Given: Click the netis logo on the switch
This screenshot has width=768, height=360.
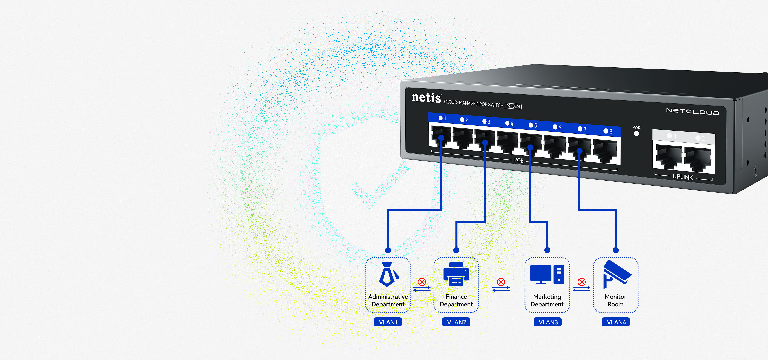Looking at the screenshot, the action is (x=426, y=98).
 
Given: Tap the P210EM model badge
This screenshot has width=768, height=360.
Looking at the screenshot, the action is (x=513, y=106).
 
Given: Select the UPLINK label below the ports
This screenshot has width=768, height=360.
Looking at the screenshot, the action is (x=683, y=177).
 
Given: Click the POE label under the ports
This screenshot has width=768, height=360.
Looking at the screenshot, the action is (x=519, y=160).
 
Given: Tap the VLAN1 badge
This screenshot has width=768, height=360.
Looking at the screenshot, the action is (x=388, y=322).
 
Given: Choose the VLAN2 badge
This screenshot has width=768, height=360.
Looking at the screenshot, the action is (x=456, y=322).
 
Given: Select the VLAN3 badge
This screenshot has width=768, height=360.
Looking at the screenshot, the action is (x=548, y=322).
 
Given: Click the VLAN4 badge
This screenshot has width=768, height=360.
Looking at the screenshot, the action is (x=616, y=322).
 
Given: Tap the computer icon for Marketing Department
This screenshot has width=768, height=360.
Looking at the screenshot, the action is (x=547, y=274).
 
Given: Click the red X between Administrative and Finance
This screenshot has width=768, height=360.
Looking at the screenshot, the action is (x=422, y=282).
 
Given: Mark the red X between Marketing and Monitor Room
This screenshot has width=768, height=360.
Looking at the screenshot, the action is (x=582, y=282).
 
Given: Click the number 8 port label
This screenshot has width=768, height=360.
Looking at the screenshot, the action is (x=611, y=131).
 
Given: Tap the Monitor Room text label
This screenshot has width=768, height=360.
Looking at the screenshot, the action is (x=616, y=300).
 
